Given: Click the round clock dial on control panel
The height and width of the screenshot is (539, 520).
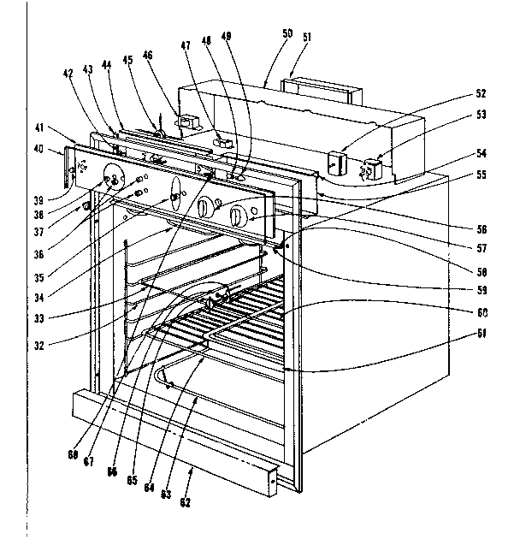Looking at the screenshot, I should pyautogui.click(x=112, y=181).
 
